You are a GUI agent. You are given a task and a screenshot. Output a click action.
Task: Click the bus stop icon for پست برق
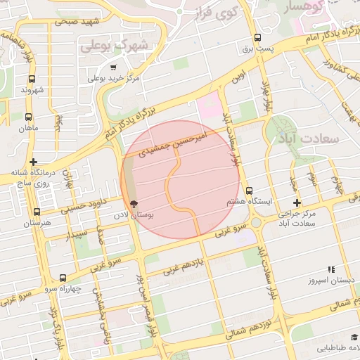point(257,37)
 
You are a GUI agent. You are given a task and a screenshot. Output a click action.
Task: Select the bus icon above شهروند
point(32,79)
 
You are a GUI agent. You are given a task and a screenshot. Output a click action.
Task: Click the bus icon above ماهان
point(28,117)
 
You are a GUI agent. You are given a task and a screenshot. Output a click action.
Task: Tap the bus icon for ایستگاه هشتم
point(249,191)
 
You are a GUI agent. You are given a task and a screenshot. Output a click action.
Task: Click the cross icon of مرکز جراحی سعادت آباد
point(297,202)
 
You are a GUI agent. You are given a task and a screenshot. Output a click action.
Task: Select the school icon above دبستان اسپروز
point(331,269)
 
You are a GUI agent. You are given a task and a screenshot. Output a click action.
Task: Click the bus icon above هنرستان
point(37,212)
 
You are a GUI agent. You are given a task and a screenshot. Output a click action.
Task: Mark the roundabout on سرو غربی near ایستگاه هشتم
point(258,224)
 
